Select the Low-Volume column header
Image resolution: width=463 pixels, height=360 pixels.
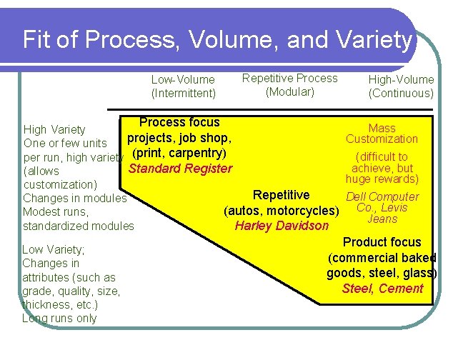tap(182, 80)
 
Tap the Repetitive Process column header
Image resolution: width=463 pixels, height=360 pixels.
tap(290, 78)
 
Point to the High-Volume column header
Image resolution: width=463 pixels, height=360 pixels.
tap(400, 80)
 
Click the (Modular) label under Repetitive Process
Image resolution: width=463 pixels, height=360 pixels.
tap(290, 91)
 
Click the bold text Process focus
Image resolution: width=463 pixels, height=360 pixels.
tap(179, 123)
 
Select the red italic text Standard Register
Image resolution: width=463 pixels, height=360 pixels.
tap(179, 169)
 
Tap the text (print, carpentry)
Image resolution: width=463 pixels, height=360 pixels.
tap(179, 153)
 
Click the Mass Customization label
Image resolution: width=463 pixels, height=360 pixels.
tap(382, 134)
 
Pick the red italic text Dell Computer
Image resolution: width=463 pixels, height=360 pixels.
tap(382, 197)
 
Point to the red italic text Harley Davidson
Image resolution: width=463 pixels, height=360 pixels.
tap(282, 226)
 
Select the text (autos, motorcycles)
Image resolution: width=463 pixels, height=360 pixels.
tap(280, 211)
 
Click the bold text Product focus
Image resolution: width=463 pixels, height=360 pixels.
tap(382, 242)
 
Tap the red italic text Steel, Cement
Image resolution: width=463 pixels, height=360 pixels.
tap(382, 289)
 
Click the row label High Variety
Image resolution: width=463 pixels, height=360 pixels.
tap(54, 129)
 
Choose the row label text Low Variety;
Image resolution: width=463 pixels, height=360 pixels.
tap(54, 249)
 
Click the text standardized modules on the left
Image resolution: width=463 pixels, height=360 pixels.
tap(78, 226)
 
